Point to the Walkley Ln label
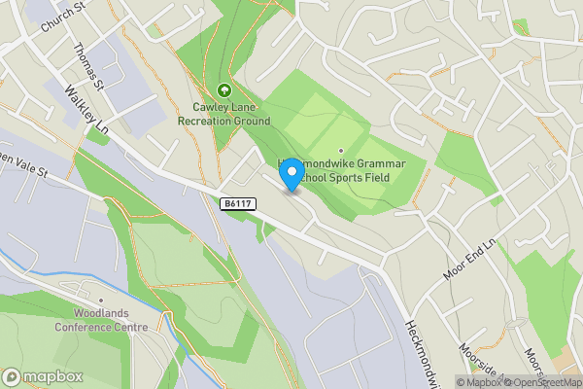click(x=85, y=109)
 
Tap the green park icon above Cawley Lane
click(x=223, y=90)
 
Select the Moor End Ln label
click(x=469, y=259)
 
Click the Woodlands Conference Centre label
click(x=111, y=320)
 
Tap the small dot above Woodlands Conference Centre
click(x=100, y=301)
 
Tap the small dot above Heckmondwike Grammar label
click(x=340, y=150)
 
